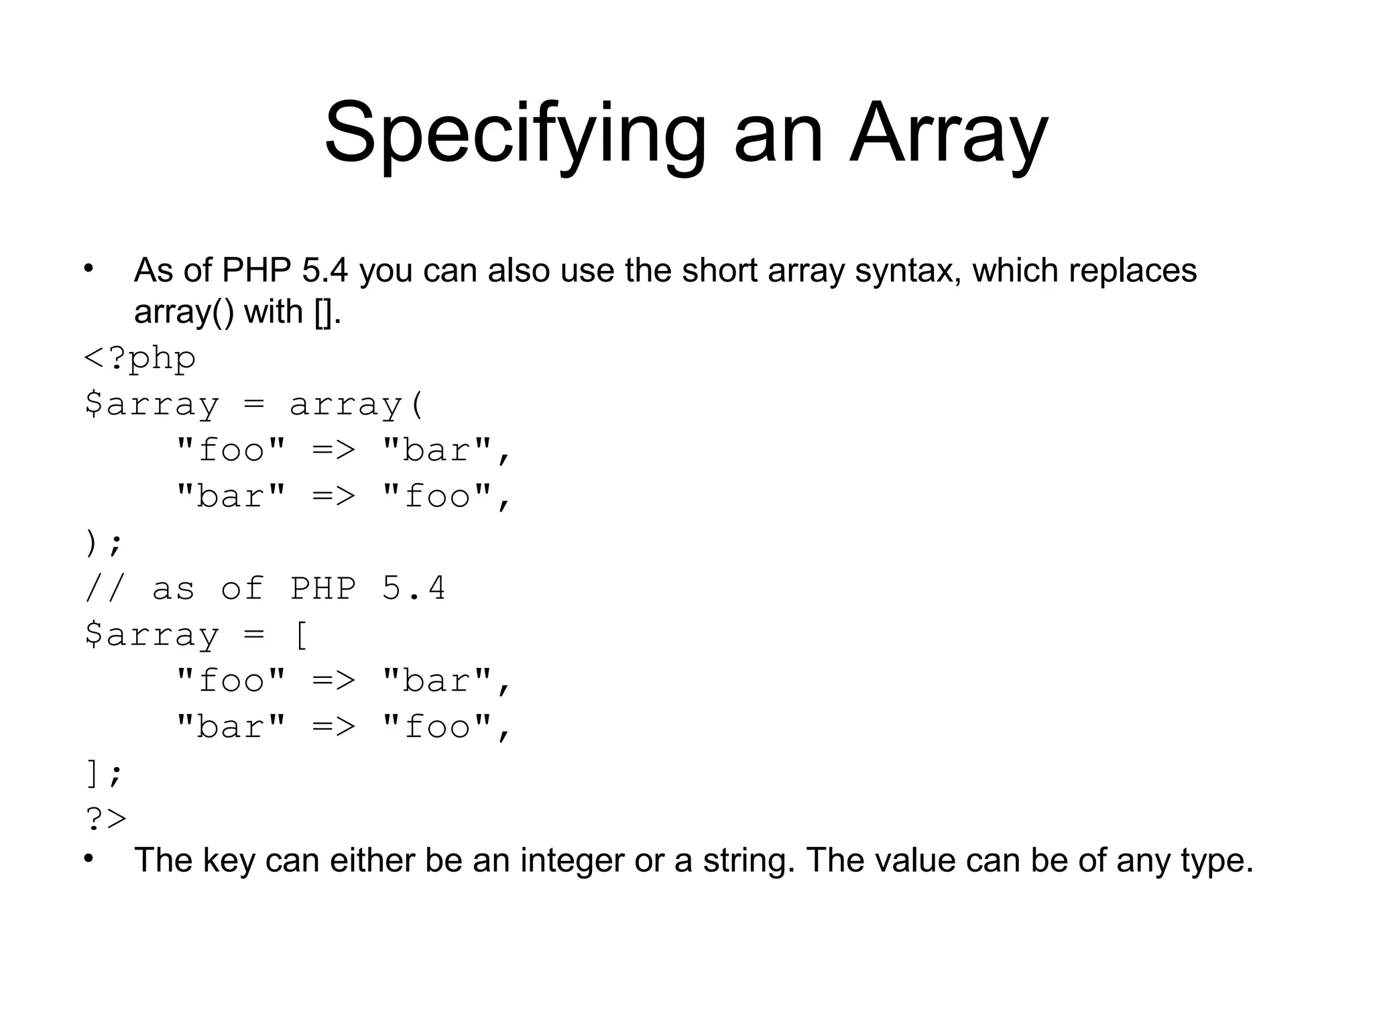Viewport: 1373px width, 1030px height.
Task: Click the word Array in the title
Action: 948,134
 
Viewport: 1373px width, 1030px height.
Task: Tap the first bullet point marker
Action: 89,269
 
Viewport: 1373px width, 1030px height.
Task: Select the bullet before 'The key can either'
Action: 89,858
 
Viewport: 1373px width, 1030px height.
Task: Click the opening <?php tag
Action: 139,359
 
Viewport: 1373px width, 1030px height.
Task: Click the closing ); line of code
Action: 104,542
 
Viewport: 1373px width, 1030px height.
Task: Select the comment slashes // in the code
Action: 105,589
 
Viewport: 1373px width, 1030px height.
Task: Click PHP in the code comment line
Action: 322,589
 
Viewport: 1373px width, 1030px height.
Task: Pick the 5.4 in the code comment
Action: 414,589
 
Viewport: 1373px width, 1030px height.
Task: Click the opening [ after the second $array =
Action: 301,634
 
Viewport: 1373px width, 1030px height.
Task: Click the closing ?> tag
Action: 106,819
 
